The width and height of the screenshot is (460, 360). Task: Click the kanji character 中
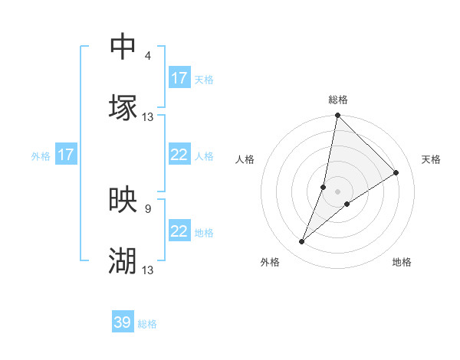[123, 47]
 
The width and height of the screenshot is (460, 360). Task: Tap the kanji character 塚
[123, 107]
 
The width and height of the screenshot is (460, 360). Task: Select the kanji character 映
[123, 201]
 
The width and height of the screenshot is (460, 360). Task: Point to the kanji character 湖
[123, 261]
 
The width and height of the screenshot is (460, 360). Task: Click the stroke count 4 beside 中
[148, 56]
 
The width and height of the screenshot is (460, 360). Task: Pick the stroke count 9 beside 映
[148, 208]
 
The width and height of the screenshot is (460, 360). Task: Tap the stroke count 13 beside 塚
[148, 117]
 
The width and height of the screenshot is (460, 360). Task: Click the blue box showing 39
[123, 322]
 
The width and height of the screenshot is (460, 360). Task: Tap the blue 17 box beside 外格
[66, 155]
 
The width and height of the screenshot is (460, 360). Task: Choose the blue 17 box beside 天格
[179, 78]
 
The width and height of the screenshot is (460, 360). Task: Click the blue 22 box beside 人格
[179, 155]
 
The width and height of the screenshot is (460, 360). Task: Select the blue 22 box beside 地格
[179, 231]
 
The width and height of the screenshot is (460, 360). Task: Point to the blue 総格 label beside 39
[147, 324]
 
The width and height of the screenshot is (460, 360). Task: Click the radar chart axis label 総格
[338, 100]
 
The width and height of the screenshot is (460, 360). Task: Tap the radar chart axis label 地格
[402, 263]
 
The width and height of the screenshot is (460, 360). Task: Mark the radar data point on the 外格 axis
[302, 242]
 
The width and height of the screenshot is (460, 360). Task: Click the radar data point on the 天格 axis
[396, 173]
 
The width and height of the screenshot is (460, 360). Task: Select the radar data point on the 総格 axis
[338, 116]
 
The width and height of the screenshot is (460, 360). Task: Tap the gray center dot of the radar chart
[338, 191]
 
